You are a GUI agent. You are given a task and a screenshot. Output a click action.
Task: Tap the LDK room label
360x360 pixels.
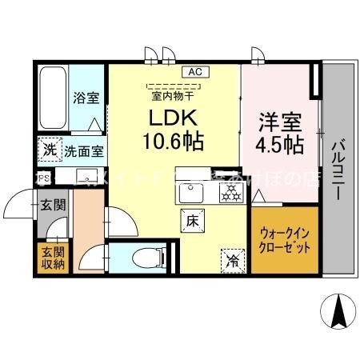pyautogui.click(x=174, y=118)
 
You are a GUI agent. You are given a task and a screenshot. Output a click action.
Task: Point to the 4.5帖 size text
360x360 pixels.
pyautogui.click(x=280, y=146)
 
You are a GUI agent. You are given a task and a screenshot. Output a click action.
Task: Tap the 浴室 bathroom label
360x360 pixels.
pyautogui.click(x=86, y=99)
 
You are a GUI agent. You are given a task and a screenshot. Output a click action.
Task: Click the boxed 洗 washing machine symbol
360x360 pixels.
pyautogui.click(x=50, y=149)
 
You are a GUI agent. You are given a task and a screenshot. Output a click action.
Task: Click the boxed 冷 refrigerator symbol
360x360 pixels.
pyautogui.click(x=230, y=258)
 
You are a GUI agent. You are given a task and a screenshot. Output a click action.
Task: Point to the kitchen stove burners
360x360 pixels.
pyautogui.click(x=230, y=191)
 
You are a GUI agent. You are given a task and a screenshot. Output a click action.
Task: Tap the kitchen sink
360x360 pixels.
pyautogui.click(x=192, y=193)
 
